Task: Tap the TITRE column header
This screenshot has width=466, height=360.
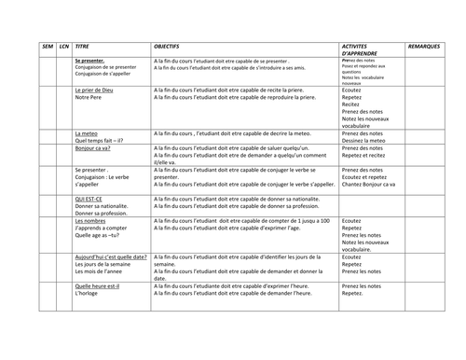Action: pos(83,45)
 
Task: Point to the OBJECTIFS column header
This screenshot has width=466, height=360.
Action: pos(172,45)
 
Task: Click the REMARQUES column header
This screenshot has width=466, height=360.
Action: pos(428,45)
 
